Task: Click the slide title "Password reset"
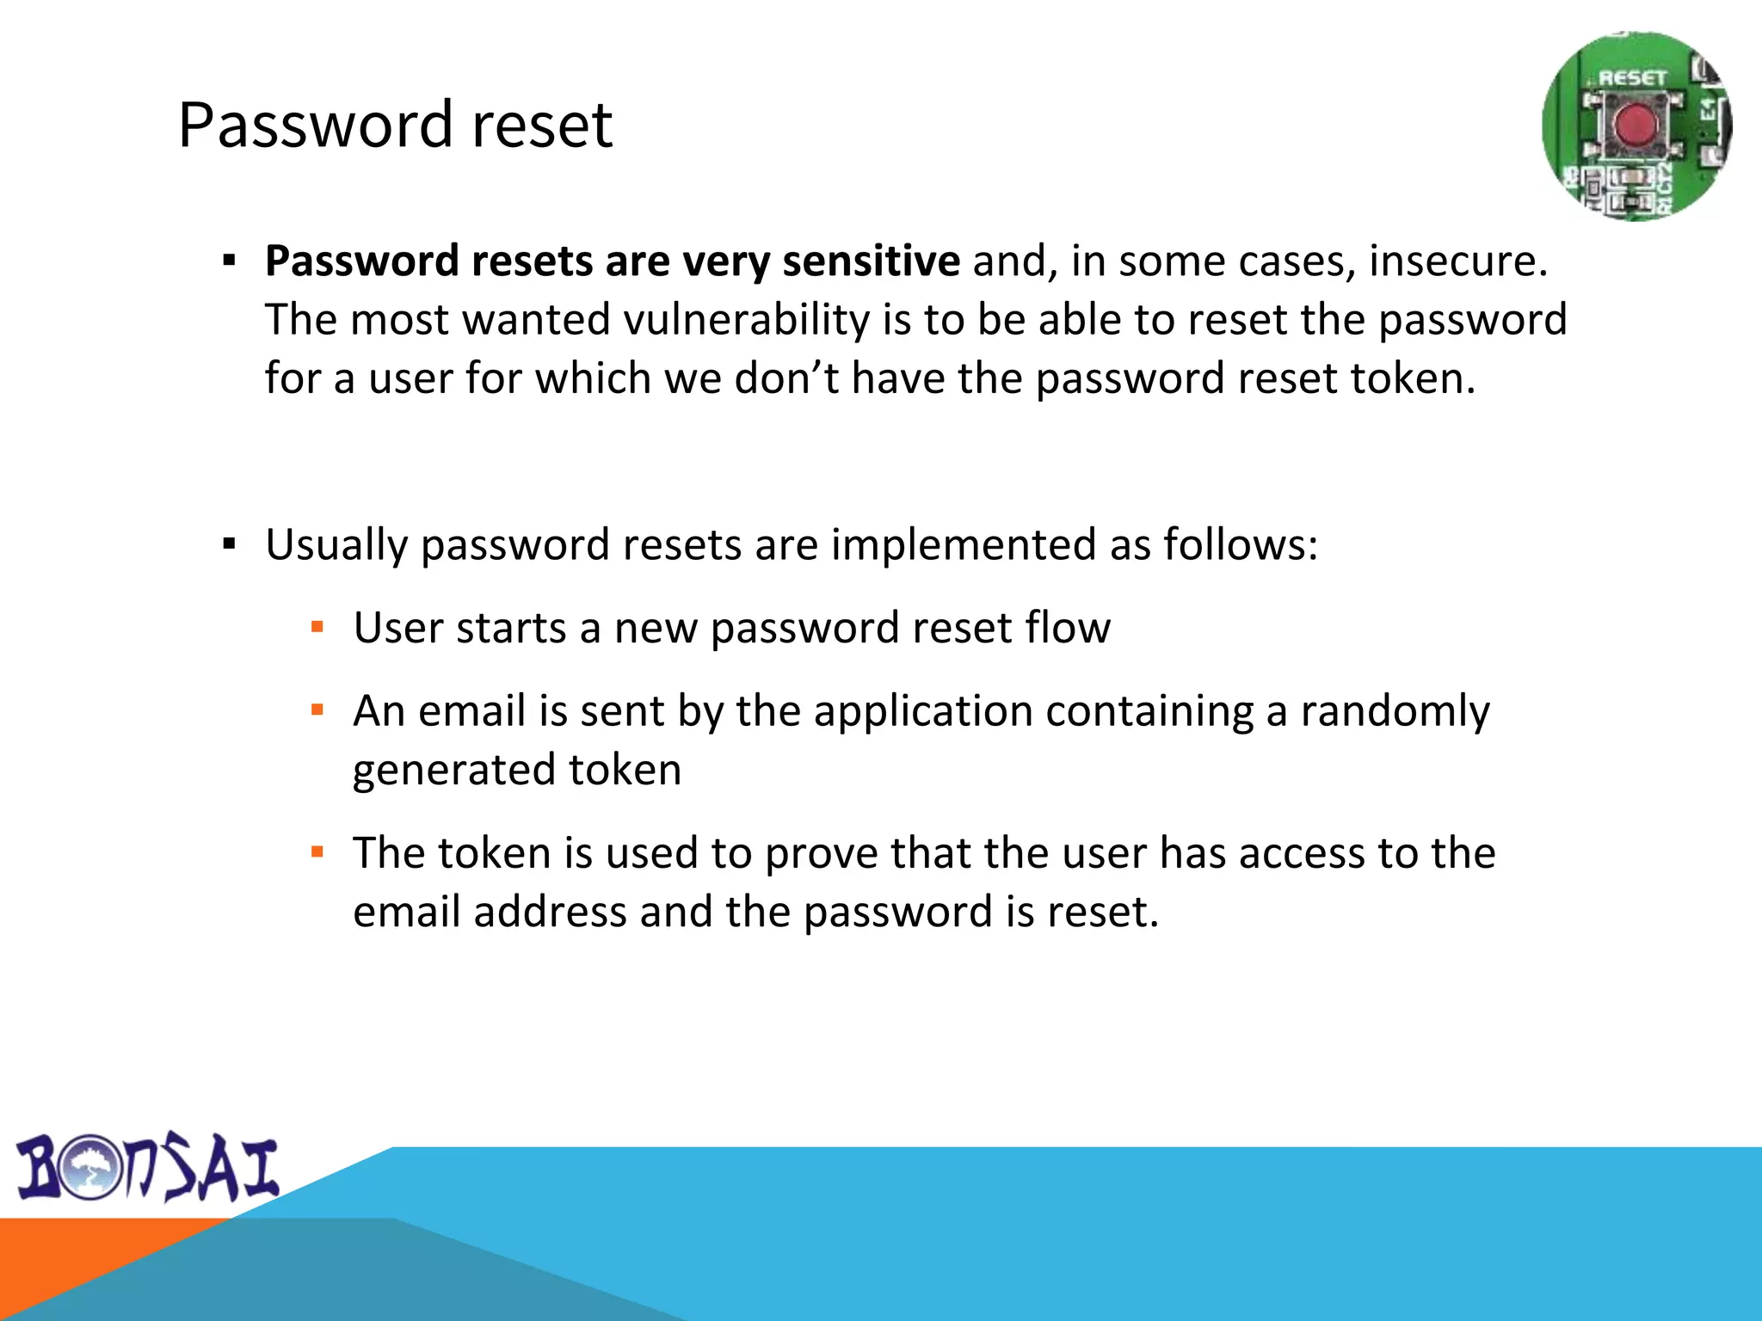(x=395, y=126)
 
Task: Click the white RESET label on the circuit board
(x=1632, y=78)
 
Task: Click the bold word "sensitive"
(x=871, y=261)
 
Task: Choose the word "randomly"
(x=1394, y=712)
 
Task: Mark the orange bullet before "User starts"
(x=317, y=627)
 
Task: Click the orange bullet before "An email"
(x=317, y=710)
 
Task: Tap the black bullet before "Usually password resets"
(x=229, y=544)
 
